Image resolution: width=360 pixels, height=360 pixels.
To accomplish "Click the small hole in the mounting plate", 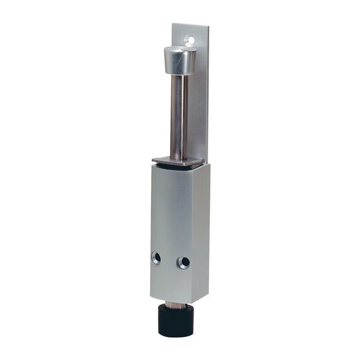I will point(191,41).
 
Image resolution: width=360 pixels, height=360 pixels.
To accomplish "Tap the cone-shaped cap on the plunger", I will point(179,62).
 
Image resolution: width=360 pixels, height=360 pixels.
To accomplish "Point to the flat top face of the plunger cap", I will point(180,50).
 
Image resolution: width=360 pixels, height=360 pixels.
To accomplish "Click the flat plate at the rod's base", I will point(176,160).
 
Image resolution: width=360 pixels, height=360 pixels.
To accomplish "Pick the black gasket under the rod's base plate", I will point(177,166).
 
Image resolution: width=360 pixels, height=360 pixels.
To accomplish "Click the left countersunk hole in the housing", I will point(156,257).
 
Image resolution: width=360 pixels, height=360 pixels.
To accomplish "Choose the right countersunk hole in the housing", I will point(183,263).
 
